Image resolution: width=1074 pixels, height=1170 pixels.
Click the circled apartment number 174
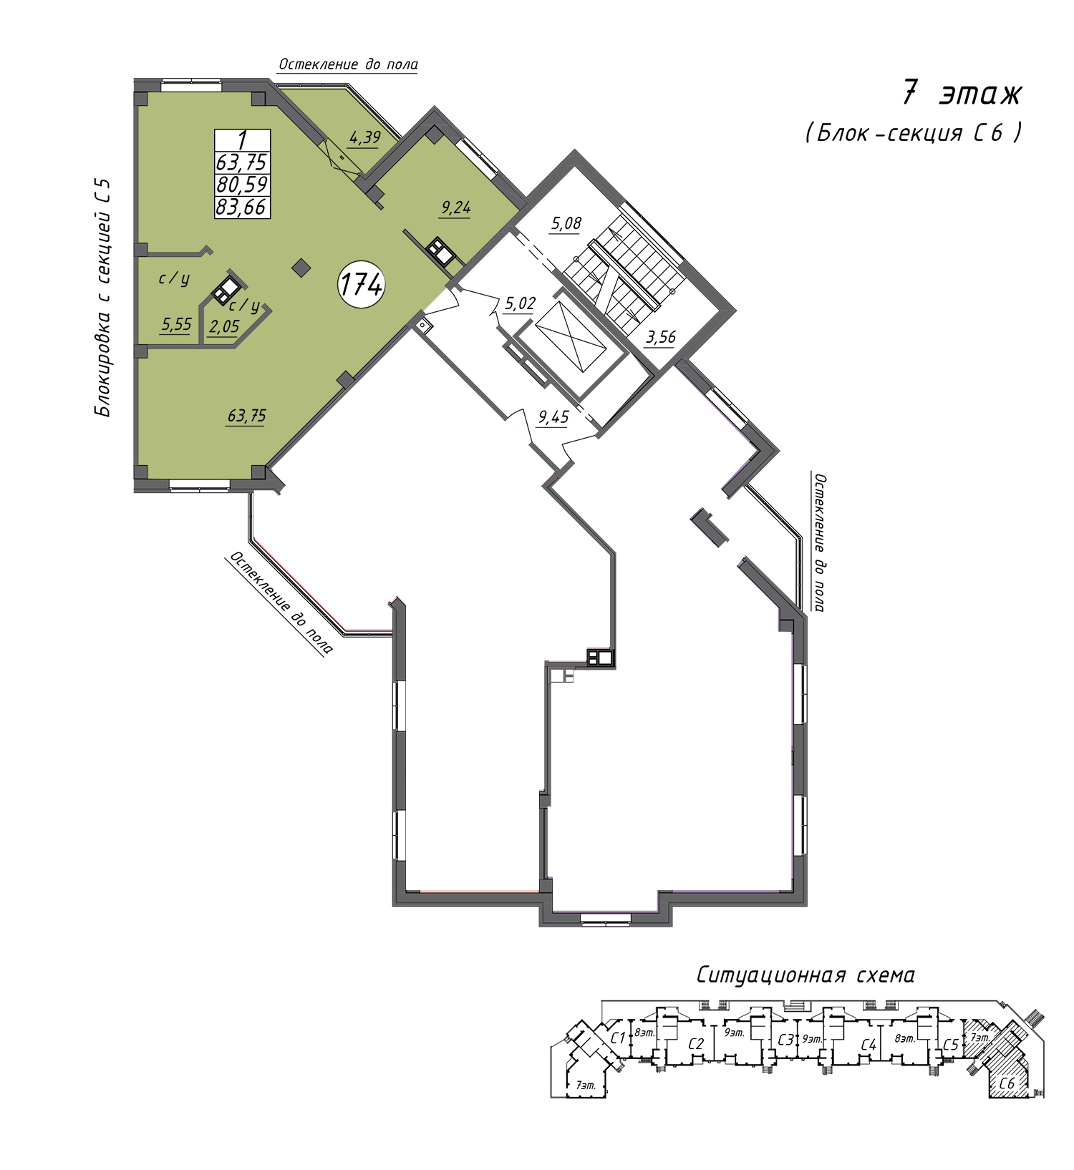point(362,285)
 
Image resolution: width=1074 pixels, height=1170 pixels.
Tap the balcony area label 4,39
point(364,137)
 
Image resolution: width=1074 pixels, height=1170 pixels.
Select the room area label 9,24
point(456,208)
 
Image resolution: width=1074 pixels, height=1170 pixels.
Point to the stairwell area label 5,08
point(566,224)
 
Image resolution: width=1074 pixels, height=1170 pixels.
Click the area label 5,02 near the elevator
point(520,303)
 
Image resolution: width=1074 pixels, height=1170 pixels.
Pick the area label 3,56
point(660,336)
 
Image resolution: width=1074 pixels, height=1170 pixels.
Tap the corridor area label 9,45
point(553,417)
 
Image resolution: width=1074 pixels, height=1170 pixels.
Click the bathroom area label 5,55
point(176,325)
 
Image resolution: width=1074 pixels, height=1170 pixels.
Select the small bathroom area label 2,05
point(224,327)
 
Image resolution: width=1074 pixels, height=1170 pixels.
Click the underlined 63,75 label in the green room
point(247,416)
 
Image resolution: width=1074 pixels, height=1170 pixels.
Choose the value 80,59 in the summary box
point(242,185)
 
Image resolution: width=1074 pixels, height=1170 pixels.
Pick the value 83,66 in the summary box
point(242,207)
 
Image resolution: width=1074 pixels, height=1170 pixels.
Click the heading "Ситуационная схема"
point(805,975)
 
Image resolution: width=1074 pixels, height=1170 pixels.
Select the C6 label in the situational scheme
point(1007,1083)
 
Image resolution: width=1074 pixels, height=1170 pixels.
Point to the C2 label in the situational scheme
point(696,1044)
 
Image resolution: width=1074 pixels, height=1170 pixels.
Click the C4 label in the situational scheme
point(869,1045)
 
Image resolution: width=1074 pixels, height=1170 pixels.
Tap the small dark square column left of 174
point(302,268)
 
